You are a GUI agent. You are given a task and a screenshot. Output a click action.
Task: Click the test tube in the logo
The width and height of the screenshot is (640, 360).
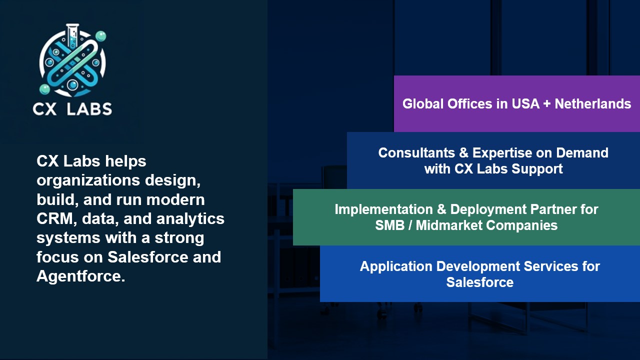(72, 35)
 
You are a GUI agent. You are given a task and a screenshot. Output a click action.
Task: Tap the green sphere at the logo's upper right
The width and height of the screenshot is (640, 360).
(100, 36)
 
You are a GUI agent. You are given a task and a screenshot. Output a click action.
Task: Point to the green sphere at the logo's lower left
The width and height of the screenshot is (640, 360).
(44, 89)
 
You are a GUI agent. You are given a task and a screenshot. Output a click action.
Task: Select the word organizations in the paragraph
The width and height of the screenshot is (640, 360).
(88, 180)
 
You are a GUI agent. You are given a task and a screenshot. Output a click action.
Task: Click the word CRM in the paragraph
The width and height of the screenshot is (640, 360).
(55, 218)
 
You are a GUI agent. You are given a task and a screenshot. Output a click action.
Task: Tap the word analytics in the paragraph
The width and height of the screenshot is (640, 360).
(190, 219)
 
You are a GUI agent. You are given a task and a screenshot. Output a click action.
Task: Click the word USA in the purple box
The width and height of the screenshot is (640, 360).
(525, 103)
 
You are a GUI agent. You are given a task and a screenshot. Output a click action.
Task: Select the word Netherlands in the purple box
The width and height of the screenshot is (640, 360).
(593, 103)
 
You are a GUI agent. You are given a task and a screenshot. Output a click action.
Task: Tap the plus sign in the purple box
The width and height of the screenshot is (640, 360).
(547, 104)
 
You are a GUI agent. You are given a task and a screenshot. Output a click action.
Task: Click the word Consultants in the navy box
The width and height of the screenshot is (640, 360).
(416, 153)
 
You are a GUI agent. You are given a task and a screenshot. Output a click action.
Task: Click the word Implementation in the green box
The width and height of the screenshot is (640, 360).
(383, 209)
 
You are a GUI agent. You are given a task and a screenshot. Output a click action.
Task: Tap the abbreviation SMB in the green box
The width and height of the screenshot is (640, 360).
(389, 225)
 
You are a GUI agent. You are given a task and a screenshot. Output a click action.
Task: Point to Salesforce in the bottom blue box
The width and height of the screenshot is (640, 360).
(480, 282)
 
